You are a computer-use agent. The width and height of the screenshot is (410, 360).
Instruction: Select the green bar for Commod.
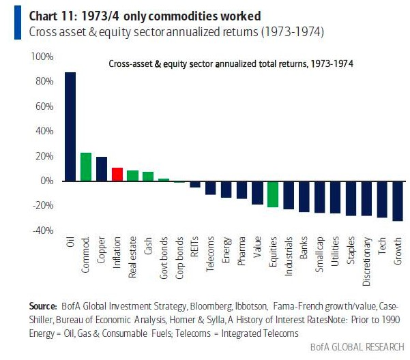coord(86,167)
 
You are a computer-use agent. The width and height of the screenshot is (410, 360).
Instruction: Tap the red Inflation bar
coord(117,174)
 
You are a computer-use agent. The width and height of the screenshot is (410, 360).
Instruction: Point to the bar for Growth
coord(398,200)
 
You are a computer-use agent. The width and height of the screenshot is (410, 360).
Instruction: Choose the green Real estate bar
coord(132,175)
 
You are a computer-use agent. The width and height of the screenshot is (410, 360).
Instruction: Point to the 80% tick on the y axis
coord(43,82)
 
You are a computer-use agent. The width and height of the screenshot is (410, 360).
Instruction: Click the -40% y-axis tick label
coord(42,230)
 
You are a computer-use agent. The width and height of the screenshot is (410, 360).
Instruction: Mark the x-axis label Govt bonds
coord(164,255)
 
